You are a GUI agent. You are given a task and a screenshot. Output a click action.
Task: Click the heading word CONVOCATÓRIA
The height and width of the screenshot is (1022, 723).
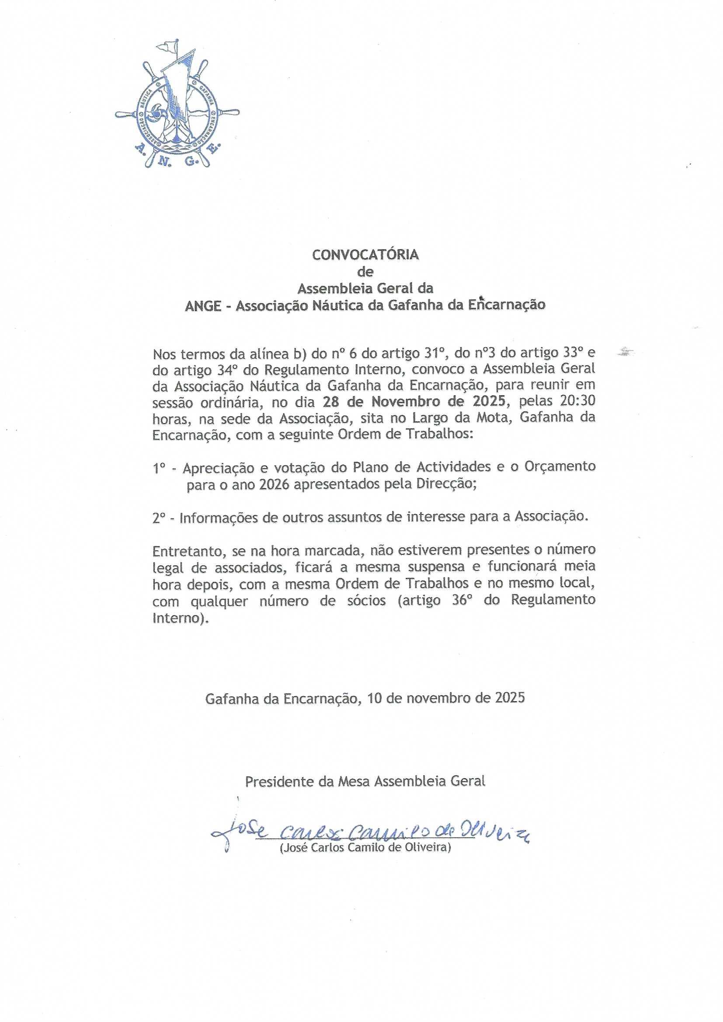(x=365, y=255)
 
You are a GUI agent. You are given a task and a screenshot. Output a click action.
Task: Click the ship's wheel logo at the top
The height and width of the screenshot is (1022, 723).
(x=177, y=111)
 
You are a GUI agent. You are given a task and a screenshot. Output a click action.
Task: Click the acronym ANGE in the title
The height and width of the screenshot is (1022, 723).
(x=203, y=306)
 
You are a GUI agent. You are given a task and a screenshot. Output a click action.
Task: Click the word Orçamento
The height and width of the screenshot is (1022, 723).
(x=560, y=467)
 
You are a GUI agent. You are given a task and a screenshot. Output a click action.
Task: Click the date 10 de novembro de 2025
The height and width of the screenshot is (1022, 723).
(x=447, y=698)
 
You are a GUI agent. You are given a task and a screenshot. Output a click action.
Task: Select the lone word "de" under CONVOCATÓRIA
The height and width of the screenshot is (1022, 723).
(x=365, y=271)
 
